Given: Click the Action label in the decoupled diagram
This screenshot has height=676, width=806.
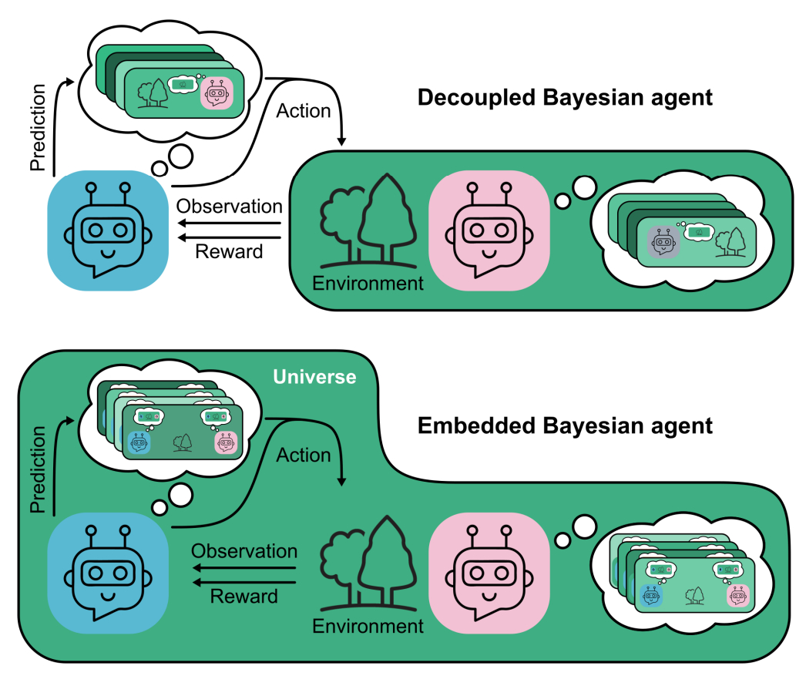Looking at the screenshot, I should [x=304, y=110].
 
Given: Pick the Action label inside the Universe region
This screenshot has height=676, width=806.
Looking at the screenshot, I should [x=304, y=455].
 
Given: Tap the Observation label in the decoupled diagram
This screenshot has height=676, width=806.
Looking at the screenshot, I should [x=229, y=207].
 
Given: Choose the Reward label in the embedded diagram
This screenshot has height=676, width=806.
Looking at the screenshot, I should [x=244, y=596].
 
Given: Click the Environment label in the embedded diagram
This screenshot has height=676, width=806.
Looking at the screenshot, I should [x=368, y=626].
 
